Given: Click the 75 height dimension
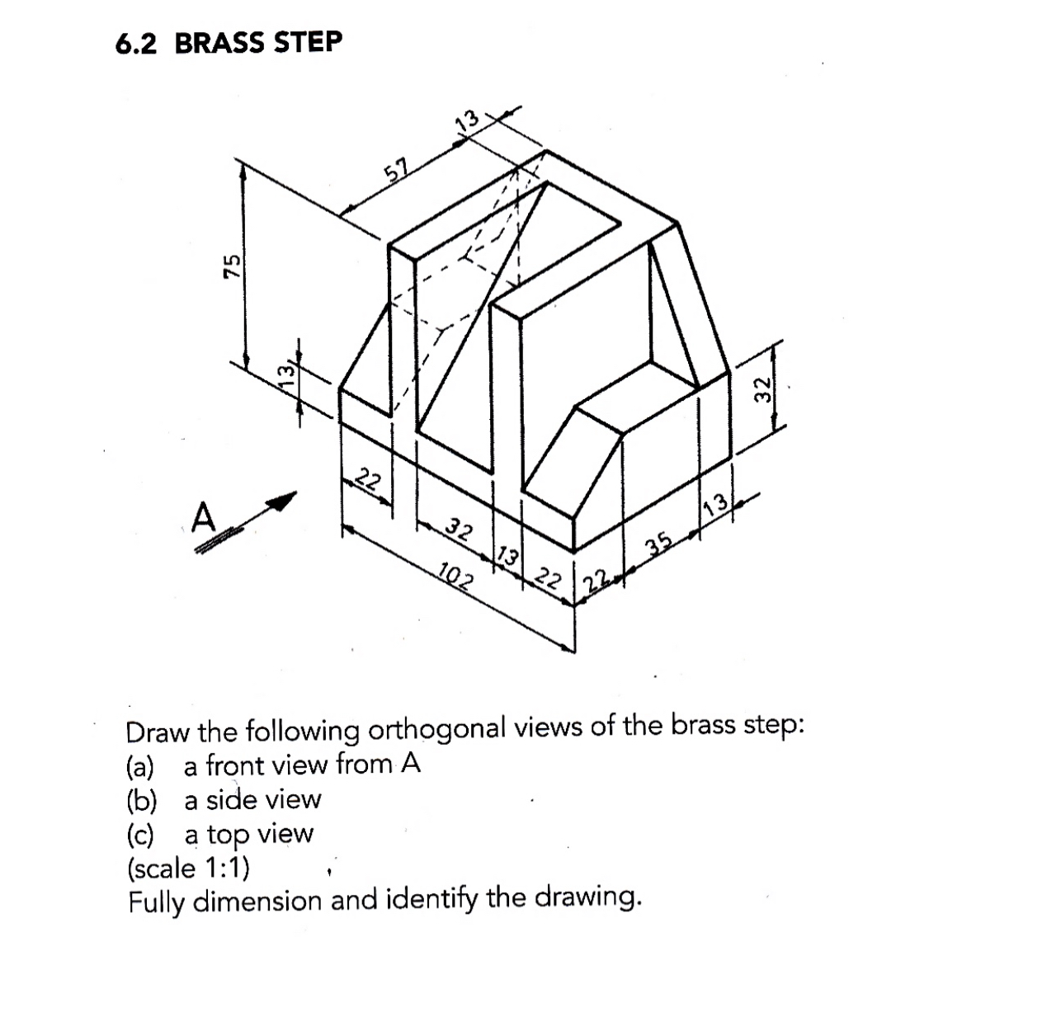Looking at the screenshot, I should coord(234,265).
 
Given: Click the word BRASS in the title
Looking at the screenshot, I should coord(219,43).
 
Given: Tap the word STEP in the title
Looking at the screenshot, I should coord(307,41).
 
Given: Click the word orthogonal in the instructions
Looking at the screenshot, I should coord(438,730).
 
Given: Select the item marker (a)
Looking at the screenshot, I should coord(140,766).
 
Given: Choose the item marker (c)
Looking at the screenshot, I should coord(140,835).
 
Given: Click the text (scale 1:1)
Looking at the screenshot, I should coord(189,868).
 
